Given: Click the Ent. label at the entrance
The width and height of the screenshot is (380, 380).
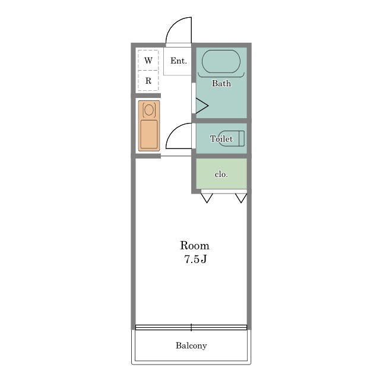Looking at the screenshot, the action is tap(179, 61).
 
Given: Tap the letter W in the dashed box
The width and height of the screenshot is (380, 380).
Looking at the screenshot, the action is tap(148, 60).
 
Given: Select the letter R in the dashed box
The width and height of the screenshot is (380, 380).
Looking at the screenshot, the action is tap(148, 81).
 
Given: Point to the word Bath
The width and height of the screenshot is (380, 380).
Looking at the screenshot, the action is tap(221, 83).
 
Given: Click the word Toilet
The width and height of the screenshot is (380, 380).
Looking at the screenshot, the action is tap(221, 138).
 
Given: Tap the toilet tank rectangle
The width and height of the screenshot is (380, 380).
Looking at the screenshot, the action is tap(242, 138).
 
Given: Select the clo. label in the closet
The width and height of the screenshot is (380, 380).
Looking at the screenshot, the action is tap(221, 174).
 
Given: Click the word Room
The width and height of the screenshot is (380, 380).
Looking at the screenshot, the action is tap(195, 245).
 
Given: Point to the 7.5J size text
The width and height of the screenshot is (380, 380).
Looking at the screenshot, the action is tap(195, 259).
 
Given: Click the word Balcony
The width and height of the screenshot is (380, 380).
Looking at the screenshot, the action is tap(191, 346).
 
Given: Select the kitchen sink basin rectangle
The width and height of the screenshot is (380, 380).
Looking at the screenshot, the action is tap(149, 135).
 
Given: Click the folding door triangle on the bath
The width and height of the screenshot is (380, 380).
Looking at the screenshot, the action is tap(202, 106).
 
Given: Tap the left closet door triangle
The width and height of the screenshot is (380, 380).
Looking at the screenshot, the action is tap(207, 198).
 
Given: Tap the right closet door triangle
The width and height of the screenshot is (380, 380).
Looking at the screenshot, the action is tap(241, 198).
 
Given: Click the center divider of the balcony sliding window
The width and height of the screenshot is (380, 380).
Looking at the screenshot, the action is tap(191, 327).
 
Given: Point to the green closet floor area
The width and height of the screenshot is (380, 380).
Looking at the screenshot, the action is tap(221, 173).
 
